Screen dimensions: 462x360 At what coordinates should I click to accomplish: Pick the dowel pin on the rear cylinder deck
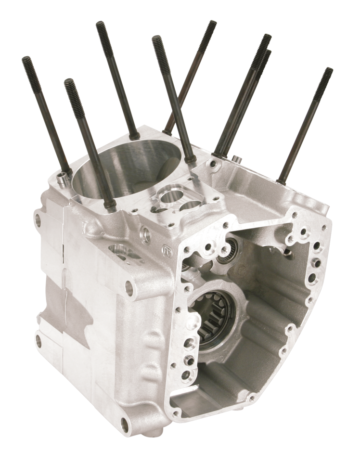[236, 158]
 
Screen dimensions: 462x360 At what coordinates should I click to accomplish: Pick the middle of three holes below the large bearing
[189, 358]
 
